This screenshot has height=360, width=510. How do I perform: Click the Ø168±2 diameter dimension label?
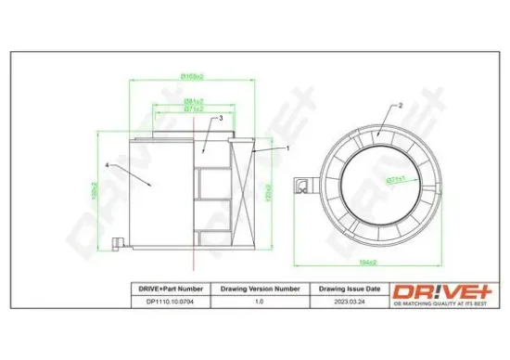click(192, 76)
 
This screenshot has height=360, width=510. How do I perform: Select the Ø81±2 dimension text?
click(193, 101)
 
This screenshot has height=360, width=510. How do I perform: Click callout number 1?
click(287, 148)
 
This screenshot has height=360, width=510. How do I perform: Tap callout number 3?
click(220, 119)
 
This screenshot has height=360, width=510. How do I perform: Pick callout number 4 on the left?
click(108, 165)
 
